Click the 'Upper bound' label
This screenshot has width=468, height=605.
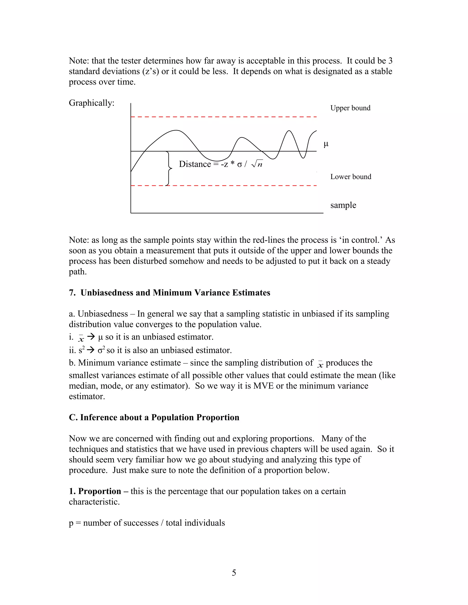click(x=350, y=108)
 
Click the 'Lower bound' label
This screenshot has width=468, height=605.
click(x=351, y=177)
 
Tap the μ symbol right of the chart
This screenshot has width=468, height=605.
click(x=326, y=144)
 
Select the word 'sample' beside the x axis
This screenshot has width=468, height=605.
click(x=343, y=205)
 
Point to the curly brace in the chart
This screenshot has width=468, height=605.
click(x=168, y=168)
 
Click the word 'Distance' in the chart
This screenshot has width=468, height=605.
click(x=195, y=164)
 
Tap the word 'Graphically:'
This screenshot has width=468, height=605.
click(x=91, y=103)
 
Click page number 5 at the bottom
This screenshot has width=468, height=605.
click(x=234, y=573)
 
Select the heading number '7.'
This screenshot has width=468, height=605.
click(x=72, y=293)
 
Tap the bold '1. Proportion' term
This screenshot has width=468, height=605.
click(x=95, y=491)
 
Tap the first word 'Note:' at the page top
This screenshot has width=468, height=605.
click(x=79, y=61)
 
